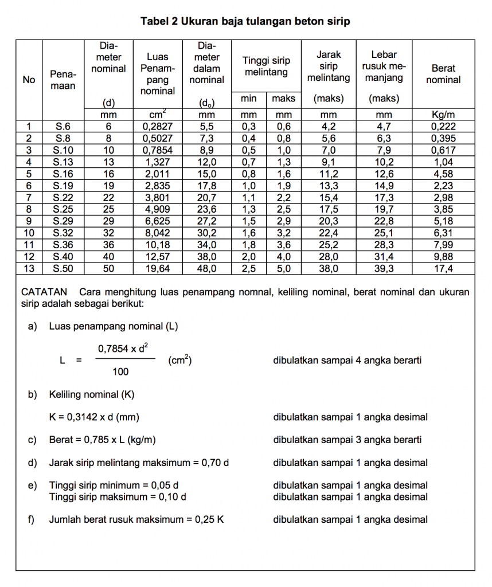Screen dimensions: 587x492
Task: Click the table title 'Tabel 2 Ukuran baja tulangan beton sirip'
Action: click(x=245, y=22)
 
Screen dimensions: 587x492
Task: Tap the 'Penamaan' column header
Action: click(x=63, y=80)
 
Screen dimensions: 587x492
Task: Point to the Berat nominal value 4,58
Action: click(x=443, y=174)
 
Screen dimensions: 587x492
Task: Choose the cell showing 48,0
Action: click(x=206, y=268)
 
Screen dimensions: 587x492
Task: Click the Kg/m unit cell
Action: click(x=443, y=115)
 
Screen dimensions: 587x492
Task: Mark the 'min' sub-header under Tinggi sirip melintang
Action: click(x=248, y=99)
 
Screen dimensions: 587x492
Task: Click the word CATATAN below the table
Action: click(x=44, y=292)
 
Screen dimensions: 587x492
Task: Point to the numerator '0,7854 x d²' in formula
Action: click(x=124, y=348)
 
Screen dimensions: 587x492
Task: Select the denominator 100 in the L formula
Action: click(x=120, y=372)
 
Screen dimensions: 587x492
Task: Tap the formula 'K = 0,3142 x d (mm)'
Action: click(x=94, y=417)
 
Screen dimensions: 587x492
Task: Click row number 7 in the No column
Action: click(x=29, y=197)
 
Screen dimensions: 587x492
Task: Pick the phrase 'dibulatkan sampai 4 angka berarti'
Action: click(x=348, y=361)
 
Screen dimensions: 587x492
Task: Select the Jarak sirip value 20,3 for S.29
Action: click(x=329, y=221)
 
